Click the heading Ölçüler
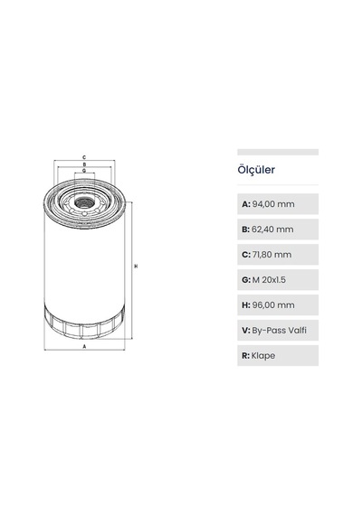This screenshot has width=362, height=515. [x=256, y=170]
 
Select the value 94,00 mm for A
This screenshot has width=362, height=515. [x=273, y=204]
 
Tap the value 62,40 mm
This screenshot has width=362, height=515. [x=272, y=229]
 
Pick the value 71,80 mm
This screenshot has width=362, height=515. [x=271, y=255]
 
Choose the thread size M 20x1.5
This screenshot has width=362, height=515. [x=269, y=280]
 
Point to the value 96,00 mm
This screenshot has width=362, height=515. [x=273, y=305]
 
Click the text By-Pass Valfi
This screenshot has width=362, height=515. [x=279, y=331]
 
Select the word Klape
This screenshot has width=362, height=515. [x=263, y=356]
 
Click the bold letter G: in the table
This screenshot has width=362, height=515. [x=246, y=280]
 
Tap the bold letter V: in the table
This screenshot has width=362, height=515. [x=246, y=331]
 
